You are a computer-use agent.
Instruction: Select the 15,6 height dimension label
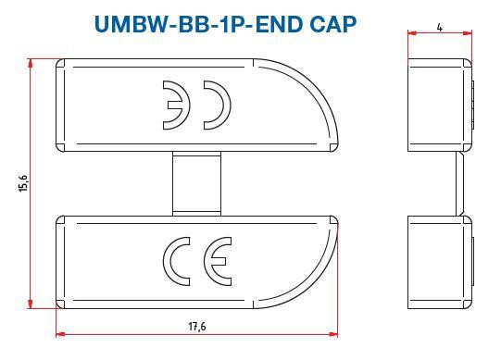pyautogui.click(x=21, y=185)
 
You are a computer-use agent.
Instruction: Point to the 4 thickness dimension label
pyautogui.click(x=439, y=27)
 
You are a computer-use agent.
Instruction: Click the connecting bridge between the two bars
pyautogui.click(x=195, y=184)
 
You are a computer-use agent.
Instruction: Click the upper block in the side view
pyautogui.click(x=440, y=106)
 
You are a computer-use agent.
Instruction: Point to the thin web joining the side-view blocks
pyautogui.click(x=459, y=184)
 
